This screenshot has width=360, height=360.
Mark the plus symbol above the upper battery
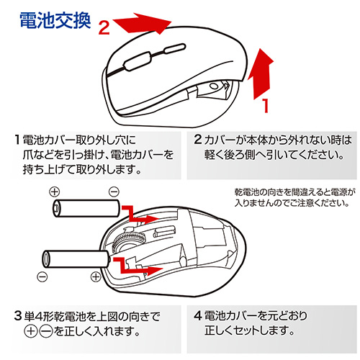54,192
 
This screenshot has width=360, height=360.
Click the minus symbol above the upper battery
113,192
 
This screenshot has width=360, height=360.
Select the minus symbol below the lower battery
44,276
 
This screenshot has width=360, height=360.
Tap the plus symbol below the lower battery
96,276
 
